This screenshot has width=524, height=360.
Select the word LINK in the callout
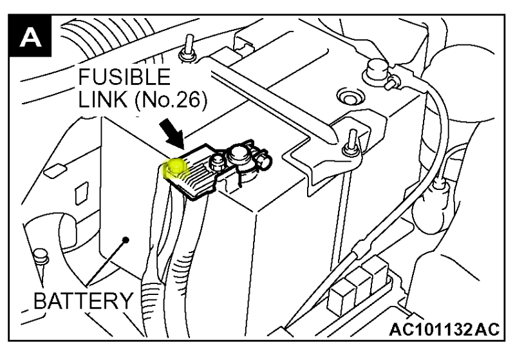pos(98,101)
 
